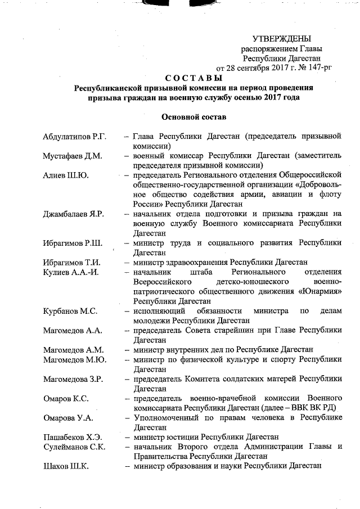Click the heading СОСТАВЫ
point(193,78)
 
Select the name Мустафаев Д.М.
point(72,156)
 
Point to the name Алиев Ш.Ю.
point(65,175)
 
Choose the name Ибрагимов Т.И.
point(72,262)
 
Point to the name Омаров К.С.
point(65,399)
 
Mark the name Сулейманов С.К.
point(74,447)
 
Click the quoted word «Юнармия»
point(319,291)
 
